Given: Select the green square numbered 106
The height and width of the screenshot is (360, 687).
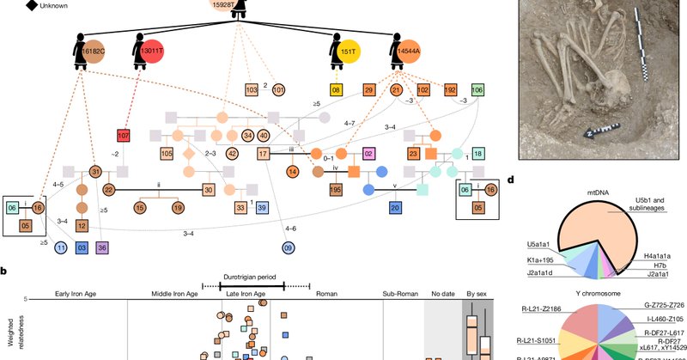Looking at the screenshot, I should (477, 90).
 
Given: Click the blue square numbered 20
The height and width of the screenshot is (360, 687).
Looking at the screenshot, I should (395, 207).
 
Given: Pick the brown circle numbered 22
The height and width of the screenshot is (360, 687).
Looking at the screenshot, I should (108, 190).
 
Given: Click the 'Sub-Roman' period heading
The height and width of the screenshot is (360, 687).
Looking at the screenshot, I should (398, 293).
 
